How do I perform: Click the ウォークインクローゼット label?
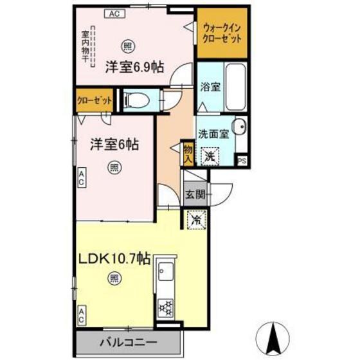click(222, 33)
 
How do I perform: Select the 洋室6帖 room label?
click(114, 145)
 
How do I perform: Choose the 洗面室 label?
click(213, 136)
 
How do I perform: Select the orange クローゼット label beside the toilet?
click(94, 100)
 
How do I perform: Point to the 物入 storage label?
click(188, 152)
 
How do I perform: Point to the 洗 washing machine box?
click(210, 155)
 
